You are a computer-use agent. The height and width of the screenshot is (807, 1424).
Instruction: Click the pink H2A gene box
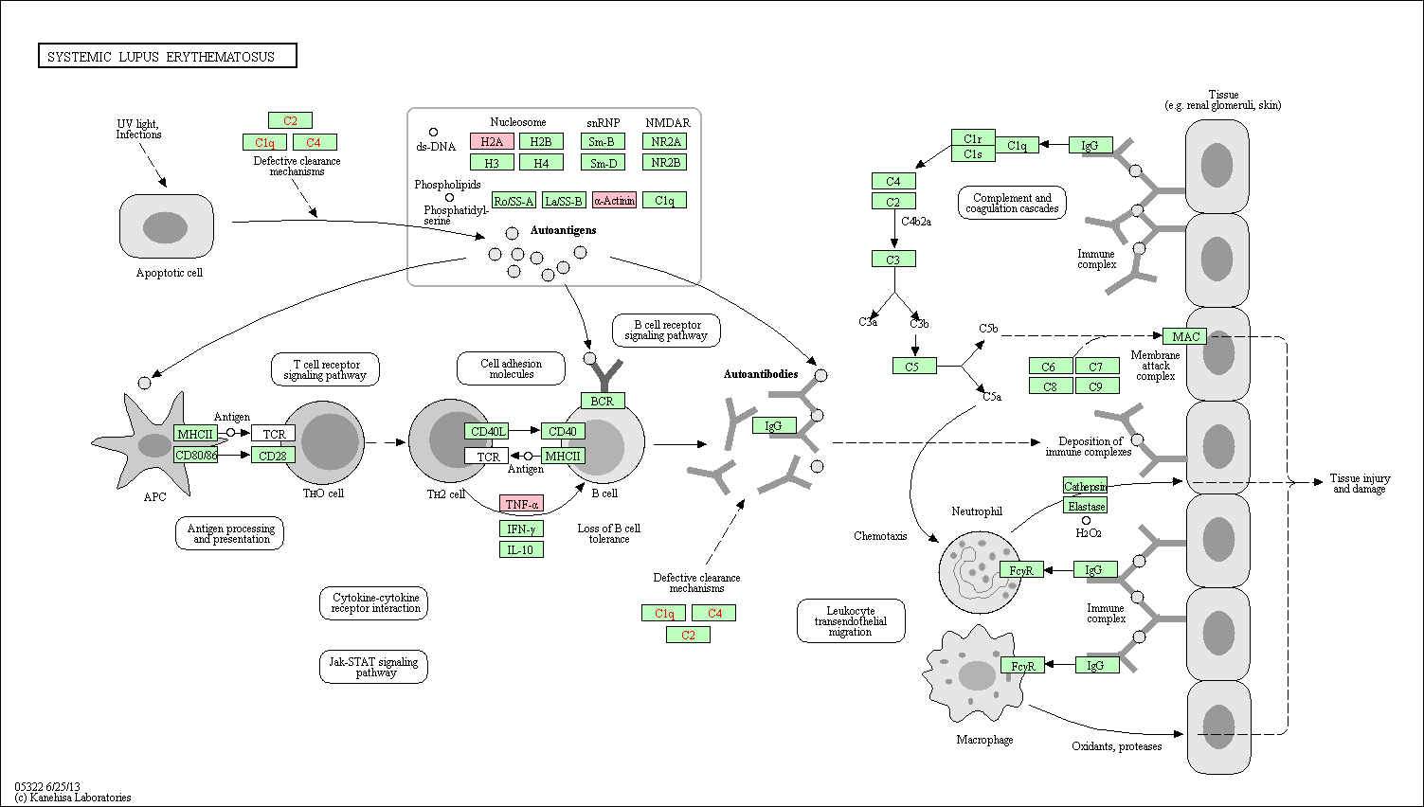492,141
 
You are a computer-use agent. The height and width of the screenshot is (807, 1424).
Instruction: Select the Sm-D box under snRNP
604,163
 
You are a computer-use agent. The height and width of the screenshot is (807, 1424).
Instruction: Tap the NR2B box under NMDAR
665,162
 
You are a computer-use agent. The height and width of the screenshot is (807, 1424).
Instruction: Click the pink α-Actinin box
614,200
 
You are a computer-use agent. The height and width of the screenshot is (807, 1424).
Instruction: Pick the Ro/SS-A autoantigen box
514,200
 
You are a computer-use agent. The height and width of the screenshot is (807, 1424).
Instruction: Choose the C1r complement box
973,138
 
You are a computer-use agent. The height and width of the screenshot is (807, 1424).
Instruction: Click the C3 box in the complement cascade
893,259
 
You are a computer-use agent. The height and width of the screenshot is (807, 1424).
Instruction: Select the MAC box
1185,336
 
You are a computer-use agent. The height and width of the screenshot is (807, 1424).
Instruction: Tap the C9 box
1097,386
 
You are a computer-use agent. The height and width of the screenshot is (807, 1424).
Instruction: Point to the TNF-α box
521,504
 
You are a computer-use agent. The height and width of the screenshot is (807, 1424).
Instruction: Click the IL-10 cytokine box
521,549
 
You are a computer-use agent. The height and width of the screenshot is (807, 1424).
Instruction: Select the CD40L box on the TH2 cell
487,432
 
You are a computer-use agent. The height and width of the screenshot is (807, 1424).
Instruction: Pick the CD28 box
274,455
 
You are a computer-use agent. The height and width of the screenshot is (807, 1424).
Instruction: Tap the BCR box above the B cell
603,401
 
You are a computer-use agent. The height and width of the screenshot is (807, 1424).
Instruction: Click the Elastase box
1086,506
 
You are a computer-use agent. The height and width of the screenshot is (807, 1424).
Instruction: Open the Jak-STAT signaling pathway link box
374,667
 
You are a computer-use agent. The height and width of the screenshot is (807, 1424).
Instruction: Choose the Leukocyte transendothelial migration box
851,620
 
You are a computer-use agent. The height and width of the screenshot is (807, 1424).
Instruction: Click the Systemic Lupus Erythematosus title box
168,56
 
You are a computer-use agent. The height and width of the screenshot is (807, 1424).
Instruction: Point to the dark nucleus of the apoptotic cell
165,227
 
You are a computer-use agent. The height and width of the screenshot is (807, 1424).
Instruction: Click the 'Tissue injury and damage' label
1360,483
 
